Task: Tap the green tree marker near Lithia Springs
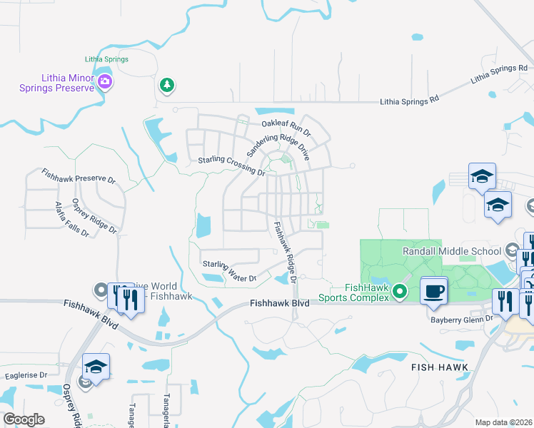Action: [x=166, y=86]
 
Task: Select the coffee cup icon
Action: [x=434, y=290]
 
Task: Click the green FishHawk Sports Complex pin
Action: [x=400, y=291]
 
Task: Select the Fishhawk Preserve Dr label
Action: [x=79, y=176]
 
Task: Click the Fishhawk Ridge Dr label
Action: [x=285, y=250]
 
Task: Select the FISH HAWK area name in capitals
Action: [x=440, y=367]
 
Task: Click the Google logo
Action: [x=24, y=419]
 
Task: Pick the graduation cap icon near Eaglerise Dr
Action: [x=96, y=367]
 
